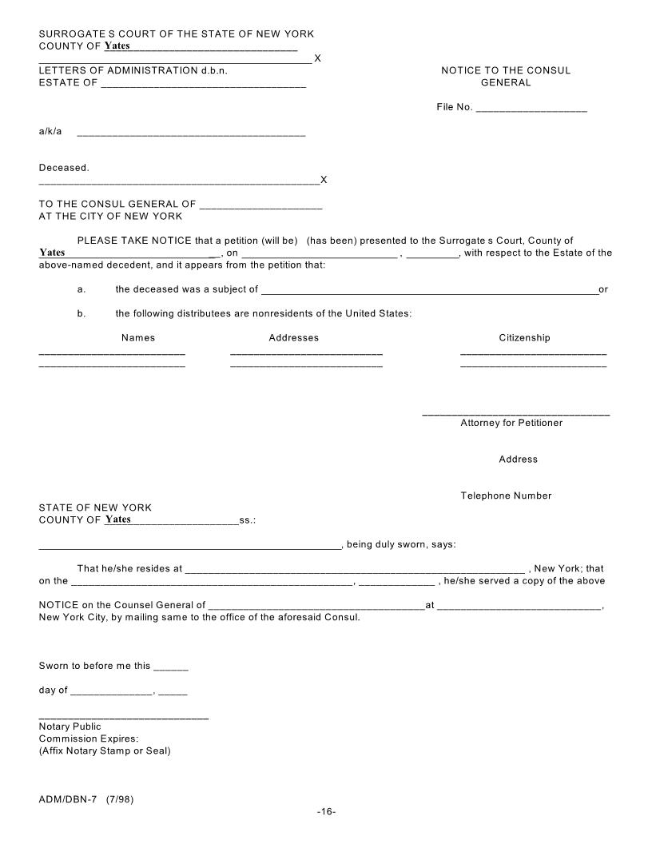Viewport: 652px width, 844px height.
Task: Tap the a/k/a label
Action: pyautogui.click(x=50, y=132)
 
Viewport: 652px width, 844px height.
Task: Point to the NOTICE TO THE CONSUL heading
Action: pyautogui.click(x=506, y=70)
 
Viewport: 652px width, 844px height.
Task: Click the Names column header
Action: pyautogui.click(x=138, y=338)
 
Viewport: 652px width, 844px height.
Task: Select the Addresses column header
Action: pyautogui.click(x=293, y=338)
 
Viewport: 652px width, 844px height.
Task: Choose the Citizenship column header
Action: pyautogui.click(x=524, y=338)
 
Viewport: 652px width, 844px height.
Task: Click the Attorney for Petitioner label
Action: pyautogui.click(x=511, y=423)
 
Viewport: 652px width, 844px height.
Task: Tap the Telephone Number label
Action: pyautogui.click(x=506, y=496)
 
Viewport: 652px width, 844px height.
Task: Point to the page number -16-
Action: pyautogui.click(x=326, y=811)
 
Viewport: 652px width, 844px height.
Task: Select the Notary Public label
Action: pyautogui.click(x=70, y=727)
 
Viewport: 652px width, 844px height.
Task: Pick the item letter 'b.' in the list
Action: pyautogui.click(x=81, y=313)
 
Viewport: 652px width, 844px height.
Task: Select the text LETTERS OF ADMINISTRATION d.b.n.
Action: pyautogui.click(x=133, y=70)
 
